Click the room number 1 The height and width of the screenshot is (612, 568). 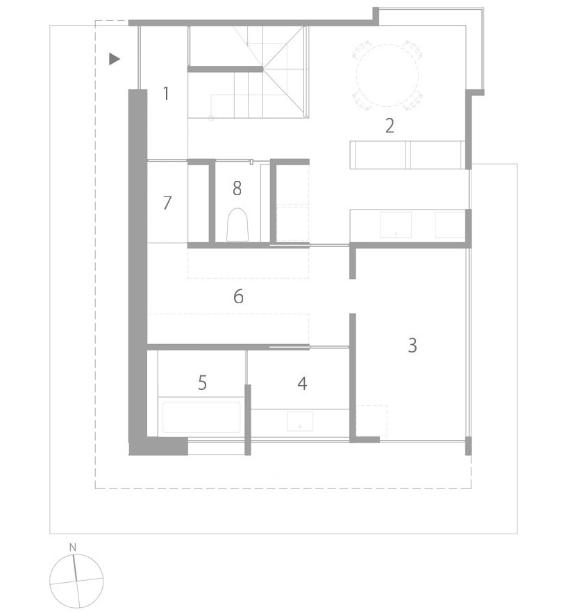point(166,93)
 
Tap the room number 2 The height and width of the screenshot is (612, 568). point(390,126)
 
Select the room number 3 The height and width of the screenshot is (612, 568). point(412,345)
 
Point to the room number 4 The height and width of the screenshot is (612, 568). point(302,383)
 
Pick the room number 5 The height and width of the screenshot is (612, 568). point(202,383)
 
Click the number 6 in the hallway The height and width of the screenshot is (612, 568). point(238,297)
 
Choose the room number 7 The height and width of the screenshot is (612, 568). point(167,203)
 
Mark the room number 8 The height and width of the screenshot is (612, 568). point(237,187)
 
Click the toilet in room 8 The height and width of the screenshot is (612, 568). point(237,225)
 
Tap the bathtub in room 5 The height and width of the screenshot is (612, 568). point(201,418)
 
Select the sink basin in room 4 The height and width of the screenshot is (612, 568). point(300,421)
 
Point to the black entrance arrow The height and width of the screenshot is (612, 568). point(115,59)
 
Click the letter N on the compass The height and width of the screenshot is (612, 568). point(73,548)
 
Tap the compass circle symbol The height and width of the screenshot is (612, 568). point(76,579)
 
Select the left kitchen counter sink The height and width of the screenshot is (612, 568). point(396,225)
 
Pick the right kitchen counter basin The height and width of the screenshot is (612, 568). point(449,225)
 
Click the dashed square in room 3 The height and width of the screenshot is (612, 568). point(371,420)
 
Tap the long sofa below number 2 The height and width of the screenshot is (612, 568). point(407,154)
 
